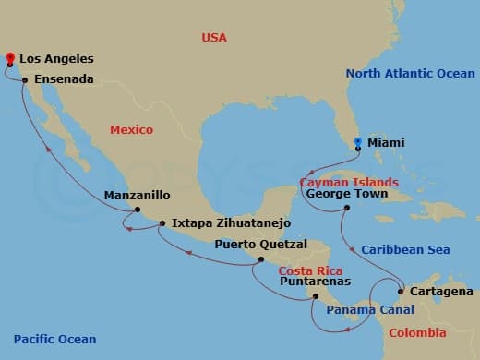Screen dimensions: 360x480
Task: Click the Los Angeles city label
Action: point(56,59)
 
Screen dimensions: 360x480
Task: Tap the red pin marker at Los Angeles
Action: point(9,58)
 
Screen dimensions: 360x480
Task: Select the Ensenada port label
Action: point(64,80)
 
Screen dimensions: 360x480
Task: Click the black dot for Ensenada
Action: point(25,80)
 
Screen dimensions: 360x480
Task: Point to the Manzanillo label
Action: point(137,196)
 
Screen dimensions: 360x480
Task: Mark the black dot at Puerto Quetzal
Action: point(261,260)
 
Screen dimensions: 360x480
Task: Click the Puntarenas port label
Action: point(314,282)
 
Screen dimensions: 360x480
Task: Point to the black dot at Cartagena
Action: point(401,292)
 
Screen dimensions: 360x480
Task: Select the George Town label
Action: point(344,195)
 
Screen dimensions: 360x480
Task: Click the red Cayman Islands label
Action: point(353,182)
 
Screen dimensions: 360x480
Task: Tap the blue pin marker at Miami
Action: point(358,142)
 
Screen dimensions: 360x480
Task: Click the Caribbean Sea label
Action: point(405,249)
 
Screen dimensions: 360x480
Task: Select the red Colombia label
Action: point(420,332)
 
